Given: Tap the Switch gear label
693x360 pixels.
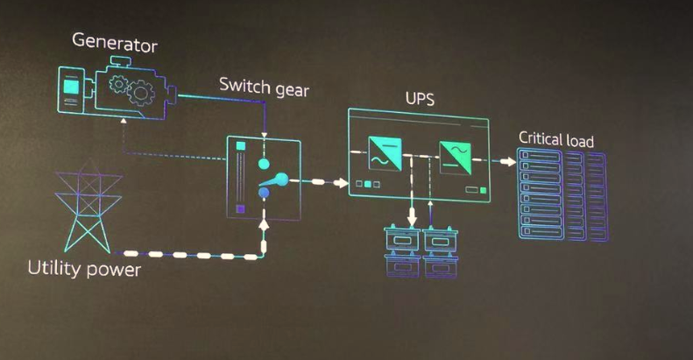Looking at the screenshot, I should click(264, 88).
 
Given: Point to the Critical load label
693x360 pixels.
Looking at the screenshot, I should click(556, 139).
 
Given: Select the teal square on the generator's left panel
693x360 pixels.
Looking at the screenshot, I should click(71, 88).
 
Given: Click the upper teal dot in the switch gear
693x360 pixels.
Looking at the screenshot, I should click(263, 163).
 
